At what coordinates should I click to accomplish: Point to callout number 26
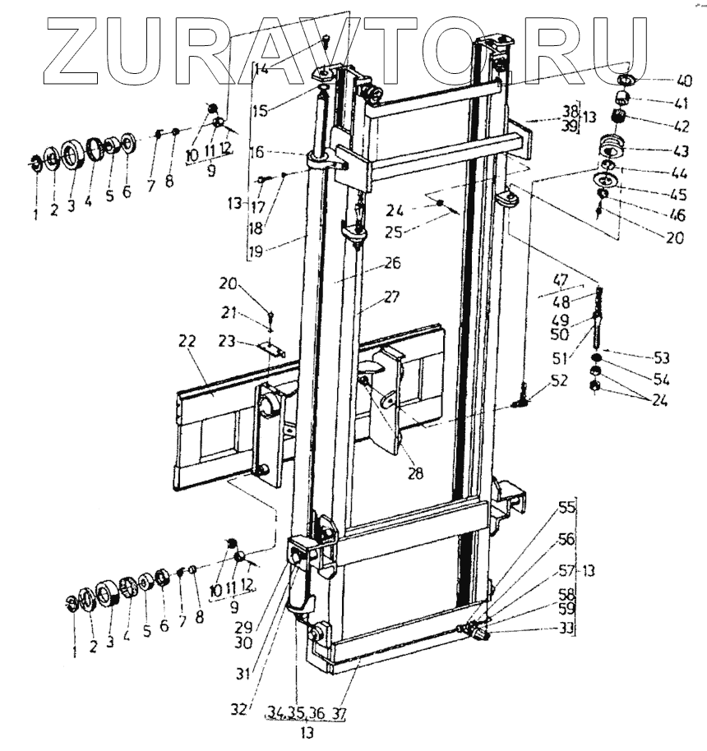[390, 265]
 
